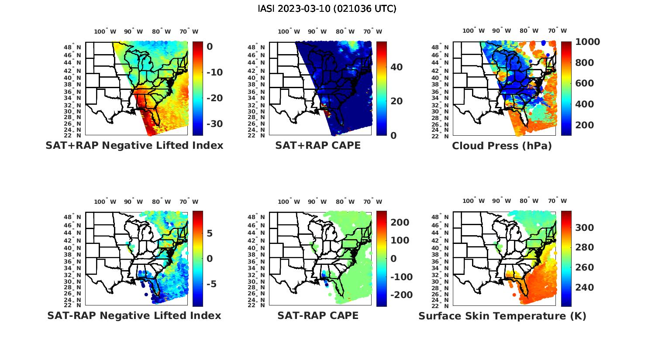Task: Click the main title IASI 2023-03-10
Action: (x=327, y=8)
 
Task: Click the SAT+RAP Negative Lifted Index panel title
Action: (x=134, y=145)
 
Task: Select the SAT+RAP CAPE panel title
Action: (x=318, y=145)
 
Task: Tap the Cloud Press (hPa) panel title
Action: (x=502, y=146)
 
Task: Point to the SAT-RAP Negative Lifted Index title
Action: (x=134, y=315)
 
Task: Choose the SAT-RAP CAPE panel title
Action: (x=318, y=315)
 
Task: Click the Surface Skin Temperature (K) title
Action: (x=502, y=316)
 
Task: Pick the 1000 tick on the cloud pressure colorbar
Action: (x=587, y=42)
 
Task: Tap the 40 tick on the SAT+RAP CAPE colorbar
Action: (x=396, y=67)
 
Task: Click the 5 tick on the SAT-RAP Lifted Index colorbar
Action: (x=210, y=233)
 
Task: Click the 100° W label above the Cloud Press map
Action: (x=473, y=31)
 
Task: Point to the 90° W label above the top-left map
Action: (x=133, y=31)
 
